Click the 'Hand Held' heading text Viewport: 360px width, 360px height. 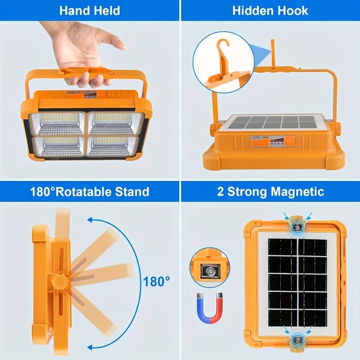click(90, 10)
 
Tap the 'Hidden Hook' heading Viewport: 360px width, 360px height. click(270, 10)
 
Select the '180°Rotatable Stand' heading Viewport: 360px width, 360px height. click(90, 191)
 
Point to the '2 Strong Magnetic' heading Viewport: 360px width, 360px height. click(270, 191)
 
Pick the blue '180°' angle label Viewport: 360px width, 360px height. click(157, 282)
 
